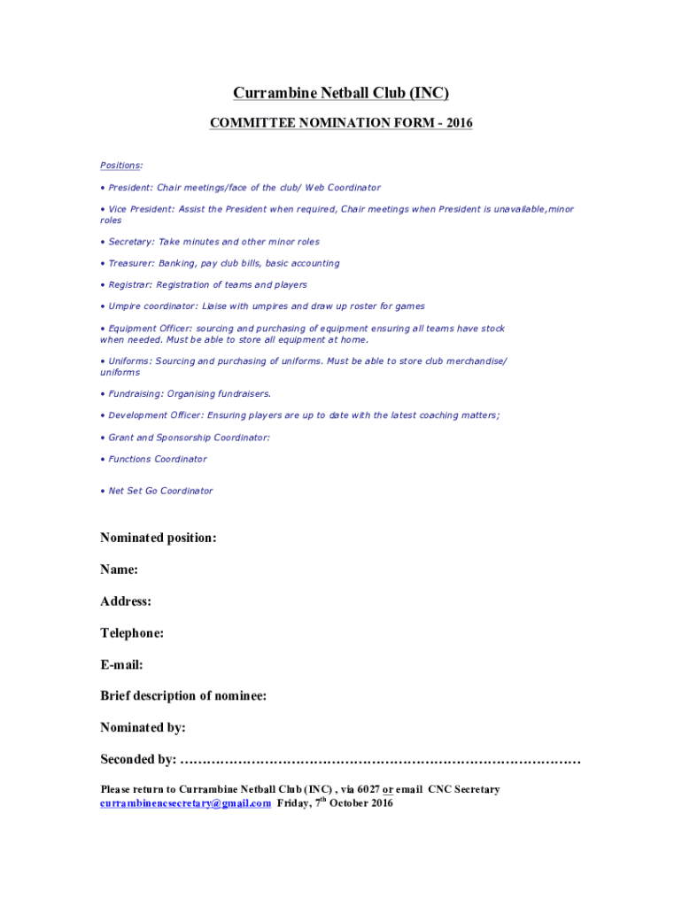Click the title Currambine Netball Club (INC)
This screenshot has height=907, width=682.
tap(341, 93)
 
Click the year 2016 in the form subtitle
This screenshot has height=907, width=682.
tap(459, 124)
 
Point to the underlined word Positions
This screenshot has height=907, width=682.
tap(121, 166)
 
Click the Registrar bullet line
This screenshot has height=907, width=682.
tap(206, 285)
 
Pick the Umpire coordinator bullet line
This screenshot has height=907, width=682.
tap(265, 306)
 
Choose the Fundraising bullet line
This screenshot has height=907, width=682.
tap(188, 393)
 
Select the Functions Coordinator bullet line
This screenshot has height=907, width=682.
tap(156, 459)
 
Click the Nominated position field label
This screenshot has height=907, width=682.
tap(158, 538)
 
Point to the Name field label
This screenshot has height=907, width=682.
tap(119, 570)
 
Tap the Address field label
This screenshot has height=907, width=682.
tap(126, 601)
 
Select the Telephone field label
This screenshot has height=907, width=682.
tap(132, 633)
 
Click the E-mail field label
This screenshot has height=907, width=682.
tap(121, 664)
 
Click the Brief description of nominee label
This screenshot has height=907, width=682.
tap(183, 696)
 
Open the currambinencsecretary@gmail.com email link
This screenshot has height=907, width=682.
tap(185, 803)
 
